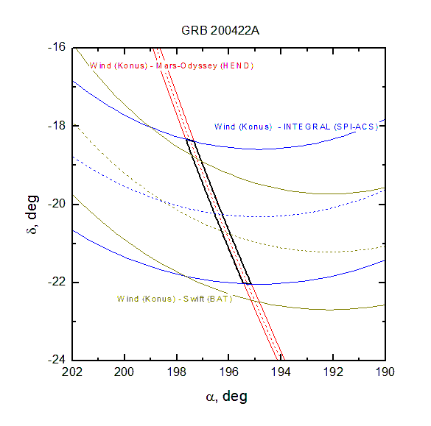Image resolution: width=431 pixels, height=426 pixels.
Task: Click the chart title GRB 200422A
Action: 220,30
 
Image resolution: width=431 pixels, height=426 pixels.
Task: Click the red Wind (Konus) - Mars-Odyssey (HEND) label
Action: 171,66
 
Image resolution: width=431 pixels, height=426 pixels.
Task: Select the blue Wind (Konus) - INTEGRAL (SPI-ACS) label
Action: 296,127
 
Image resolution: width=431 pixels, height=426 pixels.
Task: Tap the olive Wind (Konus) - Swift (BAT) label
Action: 175,299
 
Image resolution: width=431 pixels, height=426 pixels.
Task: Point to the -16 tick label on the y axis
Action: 57,47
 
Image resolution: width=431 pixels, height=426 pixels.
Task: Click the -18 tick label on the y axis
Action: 57,126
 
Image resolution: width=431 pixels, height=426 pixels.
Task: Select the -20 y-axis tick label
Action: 57,204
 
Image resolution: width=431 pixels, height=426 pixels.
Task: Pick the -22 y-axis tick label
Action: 57,283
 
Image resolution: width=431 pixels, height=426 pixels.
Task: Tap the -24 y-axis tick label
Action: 57,360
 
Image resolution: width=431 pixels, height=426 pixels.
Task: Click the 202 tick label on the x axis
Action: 72,372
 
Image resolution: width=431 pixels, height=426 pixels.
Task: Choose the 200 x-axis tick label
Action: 124,372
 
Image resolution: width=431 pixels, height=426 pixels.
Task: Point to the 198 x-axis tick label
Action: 177,372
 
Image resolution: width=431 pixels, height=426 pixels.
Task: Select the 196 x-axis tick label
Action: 228,372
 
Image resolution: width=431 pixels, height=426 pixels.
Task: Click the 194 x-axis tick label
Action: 281,372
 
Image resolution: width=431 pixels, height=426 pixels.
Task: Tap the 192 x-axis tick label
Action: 333,372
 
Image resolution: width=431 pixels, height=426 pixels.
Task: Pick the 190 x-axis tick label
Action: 385,372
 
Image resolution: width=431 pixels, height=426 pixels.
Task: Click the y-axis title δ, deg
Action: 32,214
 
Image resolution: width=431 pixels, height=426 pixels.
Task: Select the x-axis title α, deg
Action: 227,397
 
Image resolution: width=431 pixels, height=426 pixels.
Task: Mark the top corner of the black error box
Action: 186,140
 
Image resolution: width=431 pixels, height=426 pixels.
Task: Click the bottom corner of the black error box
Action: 250,284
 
